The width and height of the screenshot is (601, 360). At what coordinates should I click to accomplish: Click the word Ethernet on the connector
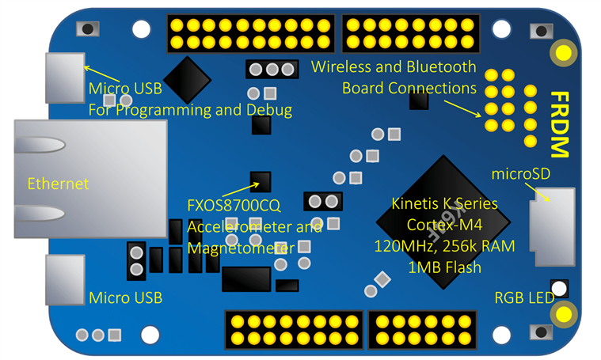pos(58,184)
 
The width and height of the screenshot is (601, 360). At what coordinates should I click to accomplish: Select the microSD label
pos(520,172)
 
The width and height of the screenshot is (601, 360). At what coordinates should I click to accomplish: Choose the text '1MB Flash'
pos(444,267)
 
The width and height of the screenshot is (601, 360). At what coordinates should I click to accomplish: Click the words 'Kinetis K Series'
pos(445,203)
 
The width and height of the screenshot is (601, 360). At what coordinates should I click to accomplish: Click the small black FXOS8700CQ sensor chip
pos(261,182)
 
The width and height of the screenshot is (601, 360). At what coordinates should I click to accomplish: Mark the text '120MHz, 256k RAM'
pos(444,246)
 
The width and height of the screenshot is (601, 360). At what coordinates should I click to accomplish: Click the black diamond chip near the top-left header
pos(186,78)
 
